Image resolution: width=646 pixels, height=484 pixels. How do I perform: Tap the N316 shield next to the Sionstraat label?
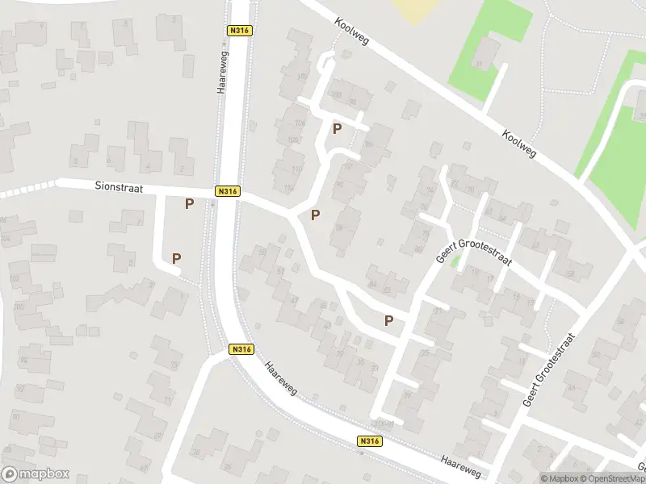228,191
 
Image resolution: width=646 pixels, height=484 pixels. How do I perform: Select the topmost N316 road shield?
240,31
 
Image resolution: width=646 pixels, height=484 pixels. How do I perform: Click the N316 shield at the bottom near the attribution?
369,441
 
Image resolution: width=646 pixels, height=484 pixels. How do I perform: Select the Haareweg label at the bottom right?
461,466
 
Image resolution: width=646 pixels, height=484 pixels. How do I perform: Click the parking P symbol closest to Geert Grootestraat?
389,320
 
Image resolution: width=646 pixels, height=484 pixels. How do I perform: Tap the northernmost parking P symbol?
337,129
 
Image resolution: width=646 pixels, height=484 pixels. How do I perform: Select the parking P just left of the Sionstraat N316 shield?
189,204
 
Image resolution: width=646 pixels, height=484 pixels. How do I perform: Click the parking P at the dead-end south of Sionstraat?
176,258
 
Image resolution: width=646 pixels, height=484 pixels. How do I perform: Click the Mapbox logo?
36,474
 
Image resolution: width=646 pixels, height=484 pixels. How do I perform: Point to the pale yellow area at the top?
416,10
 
